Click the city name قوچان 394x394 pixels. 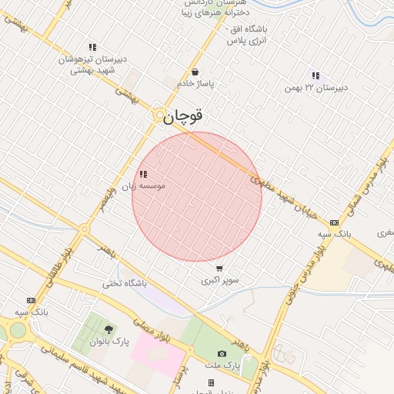point(182,116)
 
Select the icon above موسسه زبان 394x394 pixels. point(143,174)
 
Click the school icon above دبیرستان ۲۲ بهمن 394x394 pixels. point(316,75)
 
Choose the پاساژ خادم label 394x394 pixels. point(195,83)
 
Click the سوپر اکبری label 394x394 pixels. point(220,280)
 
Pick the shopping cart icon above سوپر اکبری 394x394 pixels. point(220,269)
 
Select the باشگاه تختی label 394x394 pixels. point(123,283)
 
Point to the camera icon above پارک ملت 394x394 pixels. point(222,353)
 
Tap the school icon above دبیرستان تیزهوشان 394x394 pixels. point(92,47)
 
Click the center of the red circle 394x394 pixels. point(197,196)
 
